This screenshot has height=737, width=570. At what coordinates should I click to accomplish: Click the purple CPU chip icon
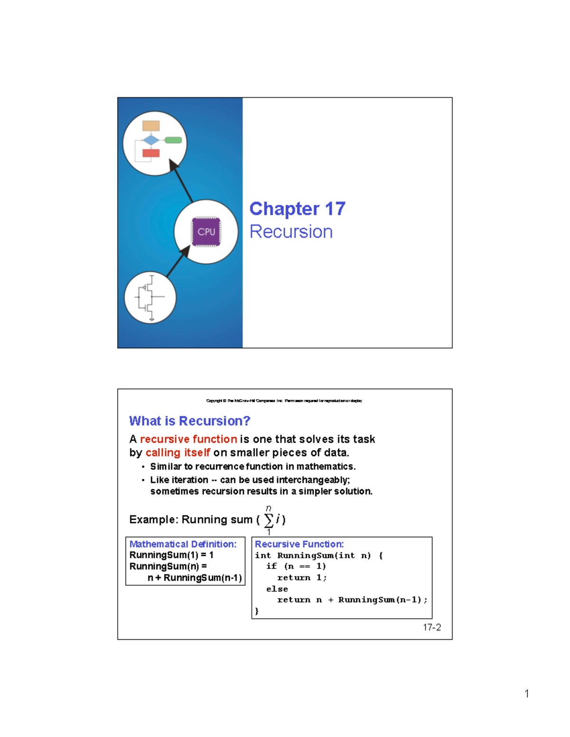(x=206, y=232)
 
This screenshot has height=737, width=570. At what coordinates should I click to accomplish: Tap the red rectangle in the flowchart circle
(x=151, y=153)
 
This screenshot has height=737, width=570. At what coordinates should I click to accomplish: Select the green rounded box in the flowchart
(x=173, y=140)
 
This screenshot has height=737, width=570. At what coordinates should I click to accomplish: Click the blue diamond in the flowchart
(x=151, y=140)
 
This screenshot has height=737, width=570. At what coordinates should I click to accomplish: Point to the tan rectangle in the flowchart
(x=151, y=126)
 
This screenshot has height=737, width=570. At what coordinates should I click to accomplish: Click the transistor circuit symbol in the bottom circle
(x=150, y=298)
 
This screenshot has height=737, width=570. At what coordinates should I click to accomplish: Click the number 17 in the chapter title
(x=335, y=209)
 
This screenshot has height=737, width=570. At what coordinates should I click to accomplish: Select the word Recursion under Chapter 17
(x=291, y=232)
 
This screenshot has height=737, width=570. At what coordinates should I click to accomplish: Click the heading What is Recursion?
(x=190, y=421)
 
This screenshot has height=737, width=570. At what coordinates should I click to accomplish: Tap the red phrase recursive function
(x=188, y=439)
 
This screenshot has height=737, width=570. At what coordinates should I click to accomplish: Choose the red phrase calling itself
(x=178, y=453)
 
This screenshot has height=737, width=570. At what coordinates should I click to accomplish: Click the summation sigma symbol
(x=268, y=520)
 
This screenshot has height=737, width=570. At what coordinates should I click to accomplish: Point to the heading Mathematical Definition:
(x=183, y=544)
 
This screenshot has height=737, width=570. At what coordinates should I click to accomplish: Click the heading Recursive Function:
(x=299, y=544)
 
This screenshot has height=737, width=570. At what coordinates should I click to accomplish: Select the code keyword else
(x=277, y=589)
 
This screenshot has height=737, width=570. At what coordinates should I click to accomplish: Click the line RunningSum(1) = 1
(x=171, y=555)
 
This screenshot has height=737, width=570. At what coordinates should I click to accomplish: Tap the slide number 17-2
(x=432, y=627)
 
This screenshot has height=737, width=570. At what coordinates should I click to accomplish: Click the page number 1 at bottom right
(x=526, y=694)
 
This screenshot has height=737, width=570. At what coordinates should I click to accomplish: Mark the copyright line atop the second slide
(x=284, y=401)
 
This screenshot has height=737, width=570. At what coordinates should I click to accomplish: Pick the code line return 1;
(x=302, y=578)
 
